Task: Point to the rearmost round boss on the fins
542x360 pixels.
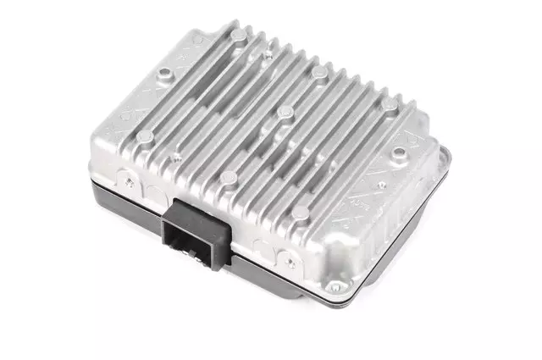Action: click(x=239, y=35)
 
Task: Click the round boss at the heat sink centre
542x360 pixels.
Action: click(x=285, y=112)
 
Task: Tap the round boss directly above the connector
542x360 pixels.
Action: click(x=229, y=178)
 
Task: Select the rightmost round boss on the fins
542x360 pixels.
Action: click(x=389, y=105)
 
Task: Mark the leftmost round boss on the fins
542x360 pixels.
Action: click(x=146, y=136)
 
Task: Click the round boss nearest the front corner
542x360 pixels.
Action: click(x=300, y=212)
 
